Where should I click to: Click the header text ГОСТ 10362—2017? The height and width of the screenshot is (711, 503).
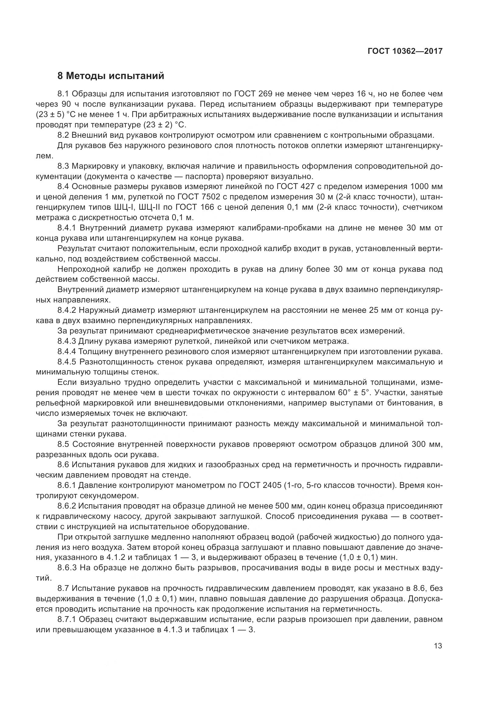(x=405, y=51)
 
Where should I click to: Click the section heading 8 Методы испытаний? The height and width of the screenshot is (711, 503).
(x=111, y=76)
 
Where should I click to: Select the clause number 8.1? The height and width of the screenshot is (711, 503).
(x=64, y=94)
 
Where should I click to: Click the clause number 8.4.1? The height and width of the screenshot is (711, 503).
(x=67, y=228)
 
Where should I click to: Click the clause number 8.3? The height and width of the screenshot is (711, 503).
(x=64, y=166)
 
